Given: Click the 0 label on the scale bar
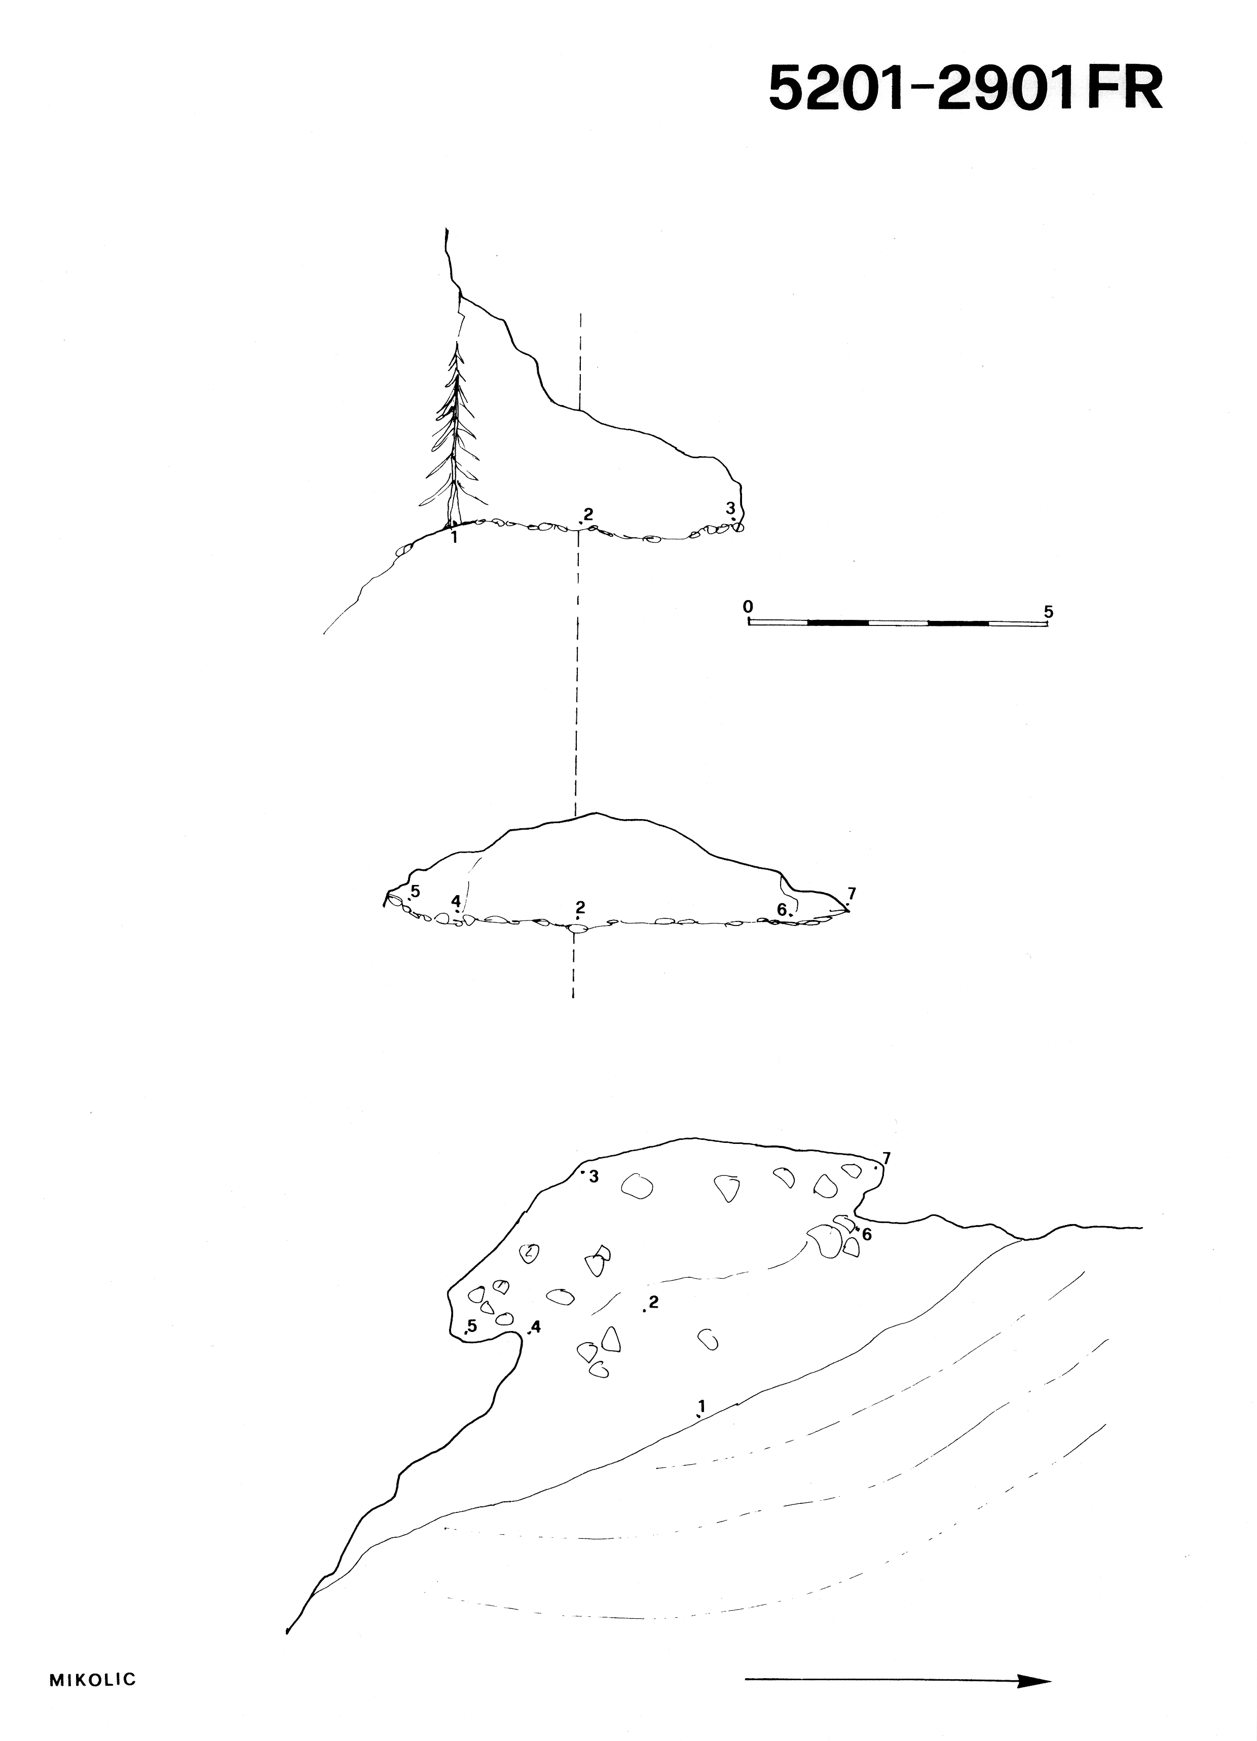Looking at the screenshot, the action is pos(748,606).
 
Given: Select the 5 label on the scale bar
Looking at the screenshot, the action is pos(1049,612).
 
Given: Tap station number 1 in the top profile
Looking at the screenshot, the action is pos(455,537).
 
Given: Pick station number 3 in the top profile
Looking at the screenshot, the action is pos(730,507).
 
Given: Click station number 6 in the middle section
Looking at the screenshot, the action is pos(782,909).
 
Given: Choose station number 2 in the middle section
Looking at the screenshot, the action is pos(580,907).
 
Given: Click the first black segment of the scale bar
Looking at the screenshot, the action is pos(838,622).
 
